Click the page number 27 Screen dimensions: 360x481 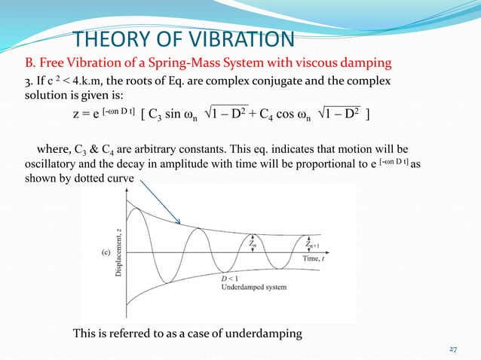tap(454, 349)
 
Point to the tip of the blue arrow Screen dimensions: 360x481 tap(179, 223)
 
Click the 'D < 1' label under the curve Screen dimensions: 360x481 tap(231, 279)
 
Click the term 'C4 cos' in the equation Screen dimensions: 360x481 tap(299, 114)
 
